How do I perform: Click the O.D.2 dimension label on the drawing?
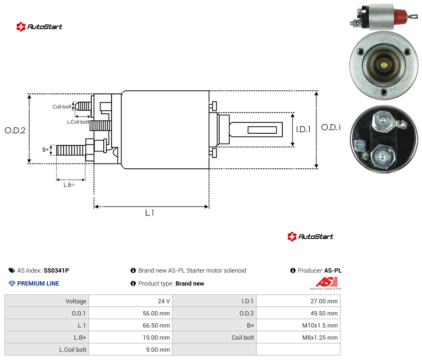[15, 130]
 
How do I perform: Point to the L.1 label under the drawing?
[150, 213]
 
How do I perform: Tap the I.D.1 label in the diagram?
[304, 129]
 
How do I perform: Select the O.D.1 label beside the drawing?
[331, 127]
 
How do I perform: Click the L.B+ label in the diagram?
[69, 185]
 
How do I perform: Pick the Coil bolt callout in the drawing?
[62, 106]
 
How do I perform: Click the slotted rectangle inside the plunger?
[262, 130]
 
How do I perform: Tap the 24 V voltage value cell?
[163, 301]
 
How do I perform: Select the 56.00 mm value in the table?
[156, 313]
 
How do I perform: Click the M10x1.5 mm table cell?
[320, 325]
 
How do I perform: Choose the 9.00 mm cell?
[158, 350]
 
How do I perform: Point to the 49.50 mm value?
[324, 313]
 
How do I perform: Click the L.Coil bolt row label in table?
[73, 350]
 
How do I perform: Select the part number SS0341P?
[56, 270]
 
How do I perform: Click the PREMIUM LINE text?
[38, 283]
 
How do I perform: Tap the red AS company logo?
[326, 283]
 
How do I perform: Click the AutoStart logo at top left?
[39, 27]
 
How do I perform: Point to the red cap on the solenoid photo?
[400, 16]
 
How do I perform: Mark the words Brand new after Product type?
[190, 283]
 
